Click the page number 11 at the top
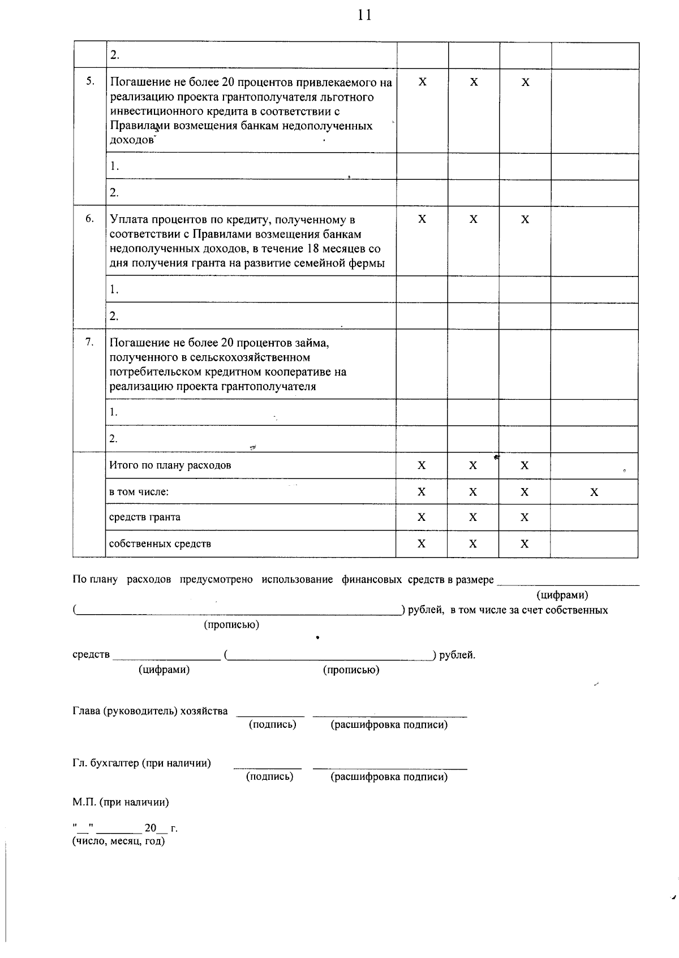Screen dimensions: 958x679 click(x=365, y=15)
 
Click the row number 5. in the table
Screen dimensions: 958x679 click(x=90, y=81)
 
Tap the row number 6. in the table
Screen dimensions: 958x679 click(x=89, y=218)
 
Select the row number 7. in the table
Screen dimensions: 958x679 click(x=89, y=342)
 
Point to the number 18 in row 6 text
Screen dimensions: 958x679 click(x=313, y=249)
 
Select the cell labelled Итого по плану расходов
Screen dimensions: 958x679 click(x=170, y=465)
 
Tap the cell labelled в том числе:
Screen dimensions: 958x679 click(x=139, y=492)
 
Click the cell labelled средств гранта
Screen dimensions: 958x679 click(x=145, y=517)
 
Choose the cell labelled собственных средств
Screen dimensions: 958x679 click(x=160, y=543)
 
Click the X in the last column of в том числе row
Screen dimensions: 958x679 click(x=594, y=492)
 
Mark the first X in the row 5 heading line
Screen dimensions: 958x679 click(x=423, y=83)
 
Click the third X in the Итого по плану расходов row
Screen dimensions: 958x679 click(x=525, y=465)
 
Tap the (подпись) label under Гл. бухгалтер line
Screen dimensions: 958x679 click(x=270, y=776)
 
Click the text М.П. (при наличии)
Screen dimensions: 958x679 click(x=121, y=802)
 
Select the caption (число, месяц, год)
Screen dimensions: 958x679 click(x=118, y=841)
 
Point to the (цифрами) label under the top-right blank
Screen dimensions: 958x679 click(x=562, y=595)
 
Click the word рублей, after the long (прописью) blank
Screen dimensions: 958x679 click(x=426, y=610)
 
